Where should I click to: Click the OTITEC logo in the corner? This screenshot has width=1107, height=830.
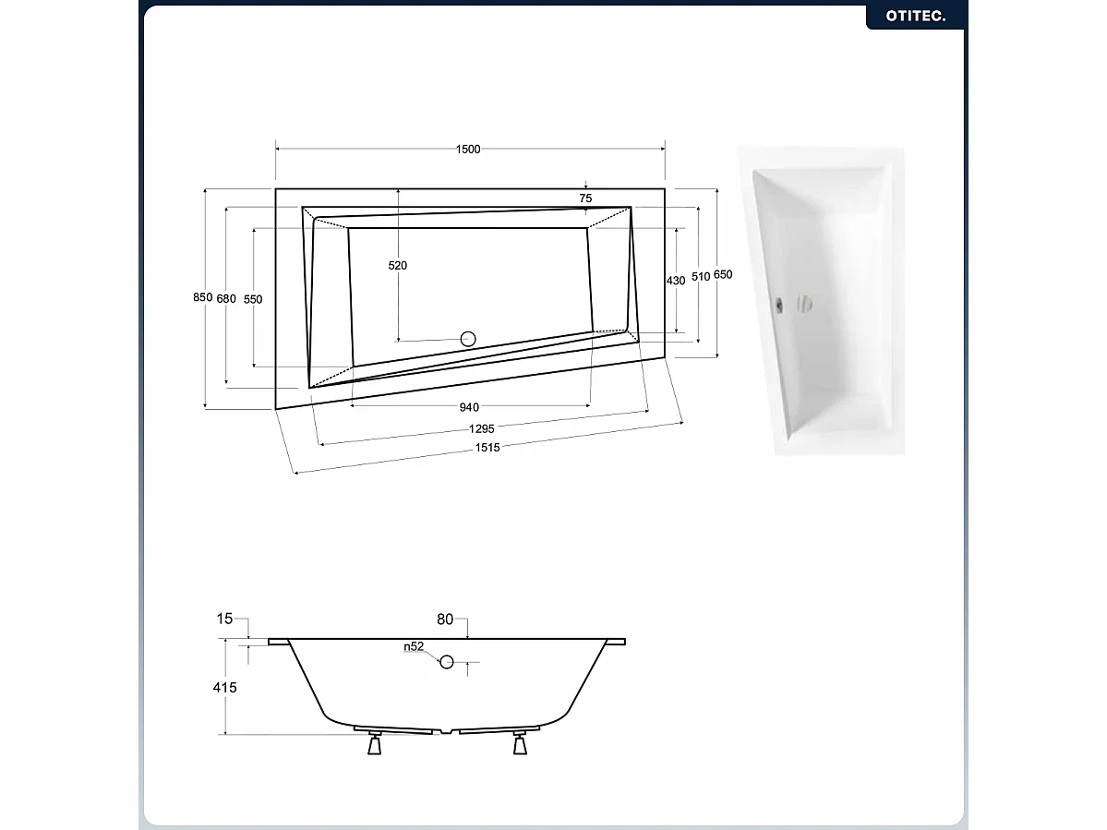[915, 16]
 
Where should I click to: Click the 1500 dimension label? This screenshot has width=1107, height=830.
[468, 150]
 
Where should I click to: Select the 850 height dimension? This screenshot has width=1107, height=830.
[202, 297]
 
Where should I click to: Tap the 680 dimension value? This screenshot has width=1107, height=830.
[226, 298]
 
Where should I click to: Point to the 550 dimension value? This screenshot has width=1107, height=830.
[253, 298]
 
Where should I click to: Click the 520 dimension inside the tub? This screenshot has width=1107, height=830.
[397, 265]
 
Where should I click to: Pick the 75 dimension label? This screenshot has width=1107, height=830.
[585, 198]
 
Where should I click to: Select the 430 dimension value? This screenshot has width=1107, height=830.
[676, 280]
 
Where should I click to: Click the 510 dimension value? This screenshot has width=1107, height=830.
[700, 275]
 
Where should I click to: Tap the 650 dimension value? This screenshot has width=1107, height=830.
[723, 274]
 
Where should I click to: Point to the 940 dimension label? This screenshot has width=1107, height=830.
[469, 407]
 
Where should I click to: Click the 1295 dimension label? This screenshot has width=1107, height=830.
[482, 428]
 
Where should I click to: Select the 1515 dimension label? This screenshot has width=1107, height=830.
[487, 448]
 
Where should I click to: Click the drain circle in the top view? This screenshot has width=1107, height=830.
[468, 338]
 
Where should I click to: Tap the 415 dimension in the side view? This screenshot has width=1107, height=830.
[225, 687]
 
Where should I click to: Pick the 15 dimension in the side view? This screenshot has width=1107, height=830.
[224, 619]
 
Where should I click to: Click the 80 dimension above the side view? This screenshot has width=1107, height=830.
[445, 619]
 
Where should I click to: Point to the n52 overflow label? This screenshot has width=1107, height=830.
[414, 647]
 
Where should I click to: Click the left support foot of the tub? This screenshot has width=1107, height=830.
[374, 743]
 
